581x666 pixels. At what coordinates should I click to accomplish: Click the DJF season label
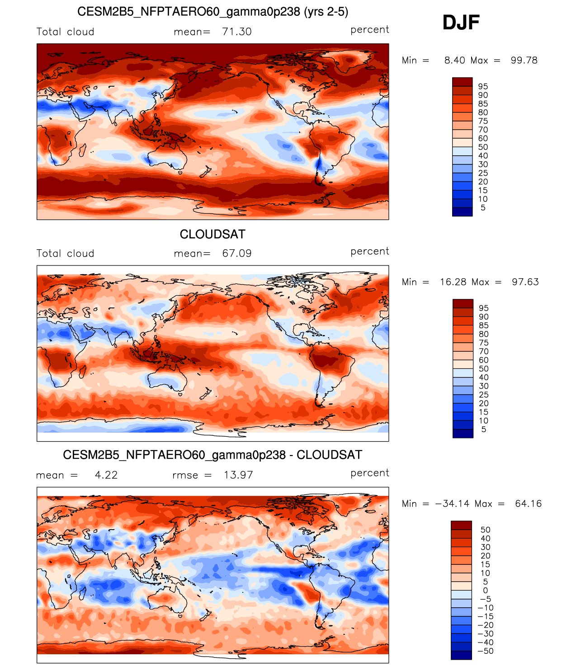coord(461,23)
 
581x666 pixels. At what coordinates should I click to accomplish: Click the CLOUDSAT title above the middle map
coord(213,234)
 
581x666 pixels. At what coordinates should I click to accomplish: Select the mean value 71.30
coord(236,32)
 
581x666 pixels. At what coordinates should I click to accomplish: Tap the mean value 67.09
coord(236,253)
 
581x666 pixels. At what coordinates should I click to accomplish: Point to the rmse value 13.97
coord(238,475)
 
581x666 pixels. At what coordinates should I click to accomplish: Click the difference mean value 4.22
coord(106,475)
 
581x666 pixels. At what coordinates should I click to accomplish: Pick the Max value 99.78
coord(524,61)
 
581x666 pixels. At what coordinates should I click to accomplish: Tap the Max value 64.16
coord(528,504)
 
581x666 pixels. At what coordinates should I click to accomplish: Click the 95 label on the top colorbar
coord(483,87)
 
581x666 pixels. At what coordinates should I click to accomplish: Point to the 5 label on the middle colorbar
coord(483,429)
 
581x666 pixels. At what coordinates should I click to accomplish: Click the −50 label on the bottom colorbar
coord(486,651)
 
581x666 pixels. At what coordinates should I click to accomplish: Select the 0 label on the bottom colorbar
coord(485,591)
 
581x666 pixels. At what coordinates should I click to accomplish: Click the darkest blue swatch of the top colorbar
coord(462,212)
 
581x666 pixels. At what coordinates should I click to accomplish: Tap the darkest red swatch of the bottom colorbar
coord(461,525)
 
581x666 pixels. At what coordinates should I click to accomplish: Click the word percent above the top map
coord(369,30)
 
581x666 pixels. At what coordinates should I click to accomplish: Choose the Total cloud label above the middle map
coord(65,253)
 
